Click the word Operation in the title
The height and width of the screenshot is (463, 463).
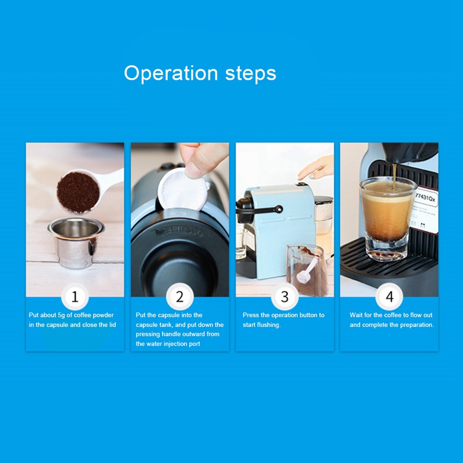(x=171, y=74)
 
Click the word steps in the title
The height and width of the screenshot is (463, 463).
(x=251, y=74)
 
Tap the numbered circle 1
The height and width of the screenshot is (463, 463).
(x=75, y=297)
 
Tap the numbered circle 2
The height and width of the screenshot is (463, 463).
(x=180, y=297)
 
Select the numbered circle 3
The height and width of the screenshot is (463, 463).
(x=285, y=297)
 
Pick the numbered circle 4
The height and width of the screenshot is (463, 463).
(x=389, y=297)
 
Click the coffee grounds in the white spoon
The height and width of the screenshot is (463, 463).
(x=78, y=193)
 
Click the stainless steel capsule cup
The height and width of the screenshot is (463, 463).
(x=76, y=242)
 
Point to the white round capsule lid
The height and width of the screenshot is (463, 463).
(x=183, y=190)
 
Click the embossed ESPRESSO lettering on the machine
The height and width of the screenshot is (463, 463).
(x=179, y=232)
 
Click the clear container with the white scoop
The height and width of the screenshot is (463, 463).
(x=307, y=270)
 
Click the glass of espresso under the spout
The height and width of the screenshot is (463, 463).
(x=387, y=219)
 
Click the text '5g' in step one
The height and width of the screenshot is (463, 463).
(x=61, y=315)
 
